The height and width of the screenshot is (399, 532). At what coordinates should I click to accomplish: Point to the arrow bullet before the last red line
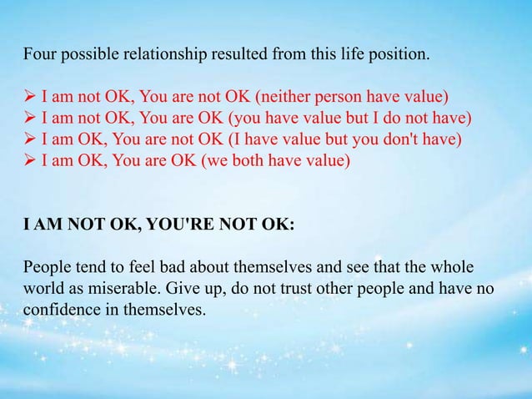click(29, 159)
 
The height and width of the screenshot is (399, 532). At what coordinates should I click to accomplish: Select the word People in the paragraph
click(47, 268)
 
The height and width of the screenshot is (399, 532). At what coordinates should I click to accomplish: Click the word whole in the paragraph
click(452, 268)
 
